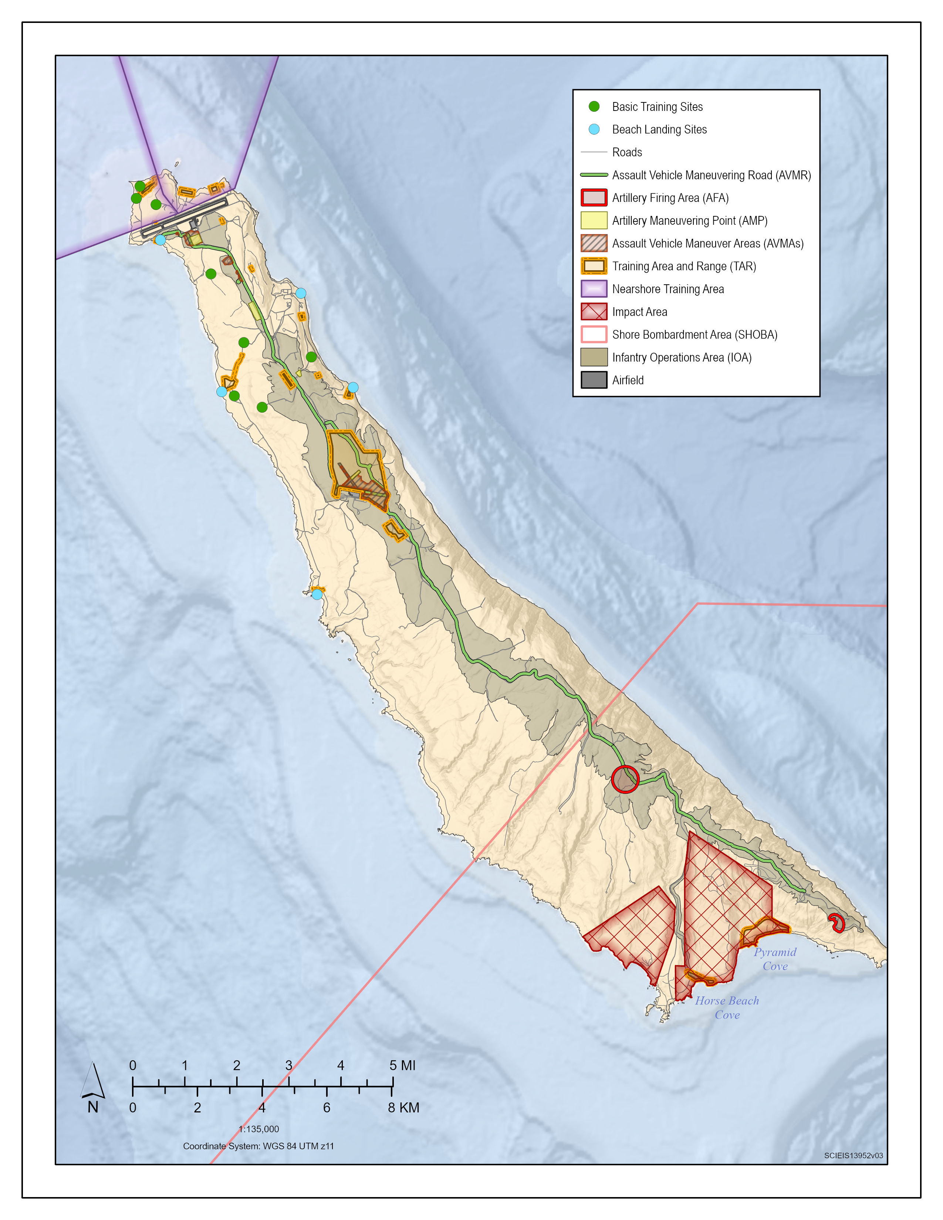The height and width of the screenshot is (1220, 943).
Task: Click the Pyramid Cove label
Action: point(775,959)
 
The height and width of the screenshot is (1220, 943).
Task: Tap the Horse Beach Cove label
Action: point(727,1007)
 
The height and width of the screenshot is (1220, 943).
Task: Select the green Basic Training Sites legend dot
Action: point(594,106)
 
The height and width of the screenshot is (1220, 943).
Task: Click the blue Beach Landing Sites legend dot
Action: point(594,129)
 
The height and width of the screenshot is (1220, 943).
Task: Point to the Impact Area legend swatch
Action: point(594,312)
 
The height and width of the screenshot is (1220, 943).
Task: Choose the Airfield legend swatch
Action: point(594,380)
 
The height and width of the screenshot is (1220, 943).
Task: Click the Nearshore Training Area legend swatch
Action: point(594,289)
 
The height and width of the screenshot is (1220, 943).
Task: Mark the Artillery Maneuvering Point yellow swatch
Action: point(594,220)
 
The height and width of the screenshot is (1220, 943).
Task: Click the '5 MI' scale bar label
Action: point(402,1065)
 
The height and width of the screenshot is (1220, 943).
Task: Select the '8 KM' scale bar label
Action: point(403,1108)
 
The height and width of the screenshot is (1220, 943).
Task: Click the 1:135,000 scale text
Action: point(258,1129)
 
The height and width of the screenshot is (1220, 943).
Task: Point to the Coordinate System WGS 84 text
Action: point(258,1146)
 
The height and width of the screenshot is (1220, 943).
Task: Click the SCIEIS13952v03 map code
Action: point(853,1155)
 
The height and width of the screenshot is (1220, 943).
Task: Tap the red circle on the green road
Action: point(625,779)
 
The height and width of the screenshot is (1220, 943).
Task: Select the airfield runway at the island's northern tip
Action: point(185,216)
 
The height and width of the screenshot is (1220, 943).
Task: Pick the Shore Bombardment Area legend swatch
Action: point(594,334)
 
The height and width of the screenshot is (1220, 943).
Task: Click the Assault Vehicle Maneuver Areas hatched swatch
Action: point(594,243)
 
